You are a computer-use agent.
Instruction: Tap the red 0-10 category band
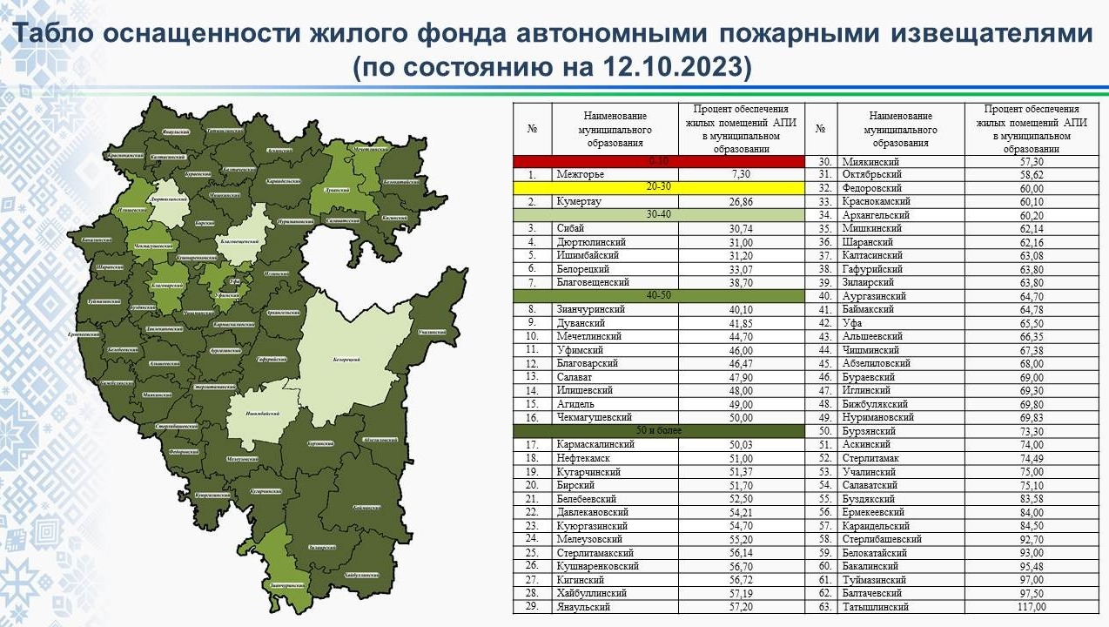[x=658, y=161]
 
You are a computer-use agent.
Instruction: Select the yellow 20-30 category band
[x=658, y=187]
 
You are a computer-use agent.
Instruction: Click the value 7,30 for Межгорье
[x=742, y=174]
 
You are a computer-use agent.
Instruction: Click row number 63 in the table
[x=820, y=607]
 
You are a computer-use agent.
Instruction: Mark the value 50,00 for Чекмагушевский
[x=742, y=417]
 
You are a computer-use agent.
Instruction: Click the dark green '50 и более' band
[x=658, y=431]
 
